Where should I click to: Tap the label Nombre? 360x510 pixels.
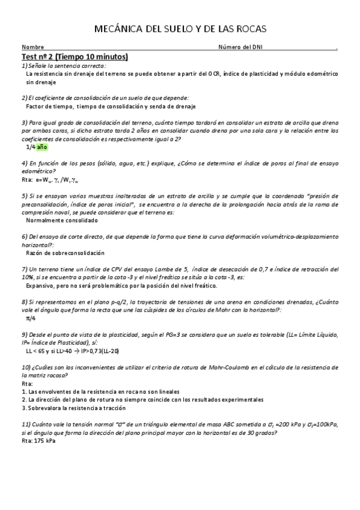pyautogui.click(x=32, y=48)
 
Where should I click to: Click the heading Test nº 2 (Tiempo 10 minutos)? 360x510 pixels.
pyautogui.click(x=75, y=57)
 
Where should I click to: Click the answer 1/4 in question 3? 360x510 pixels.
pyautogui.click(x=30, y=146)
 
